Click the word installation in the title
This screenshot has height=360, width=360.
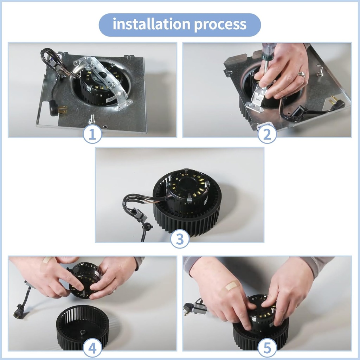151,25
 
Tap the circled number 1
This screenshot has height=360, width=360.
92,134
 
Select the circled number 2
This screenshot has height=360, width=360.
267,134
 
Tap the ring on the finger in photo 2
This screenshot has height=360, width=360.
302,75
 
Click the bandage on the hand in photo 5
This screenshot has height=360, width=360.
232,285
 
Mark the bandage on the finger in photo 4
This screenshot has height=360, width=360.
47,260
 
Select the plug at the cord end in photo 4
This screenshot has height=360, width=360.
18,314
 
